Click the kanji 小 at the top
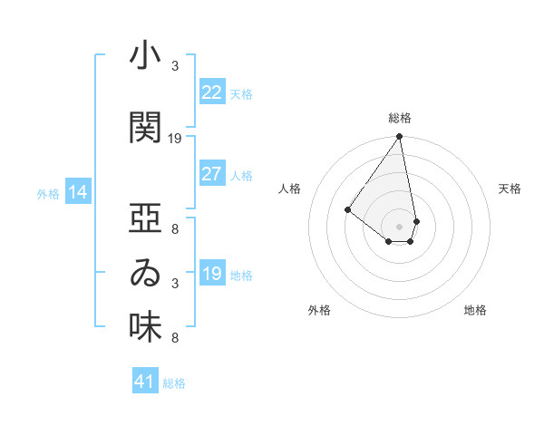[145, 57]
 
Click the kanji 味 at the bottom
[145, 327]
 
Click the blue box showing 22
[211, 92]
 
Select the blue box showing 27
[211, 174]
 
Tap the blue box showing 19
[211, 274]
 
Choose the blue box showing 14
[78, 192]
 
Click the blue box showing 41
[145, 382]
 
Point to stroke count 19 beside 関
[175, 138]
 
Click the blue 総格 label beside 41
[174, 383]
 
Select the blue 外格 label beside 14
[48, 193]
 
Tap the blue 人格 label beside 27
[241, 175]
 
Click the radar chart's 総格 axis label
[400, 118]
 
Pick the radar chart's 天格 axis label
[510, 189]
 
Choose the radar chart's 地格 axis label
[475, 310]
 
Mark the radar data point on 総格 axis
[399, 138]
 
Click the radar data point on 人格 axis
[347, 209]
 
